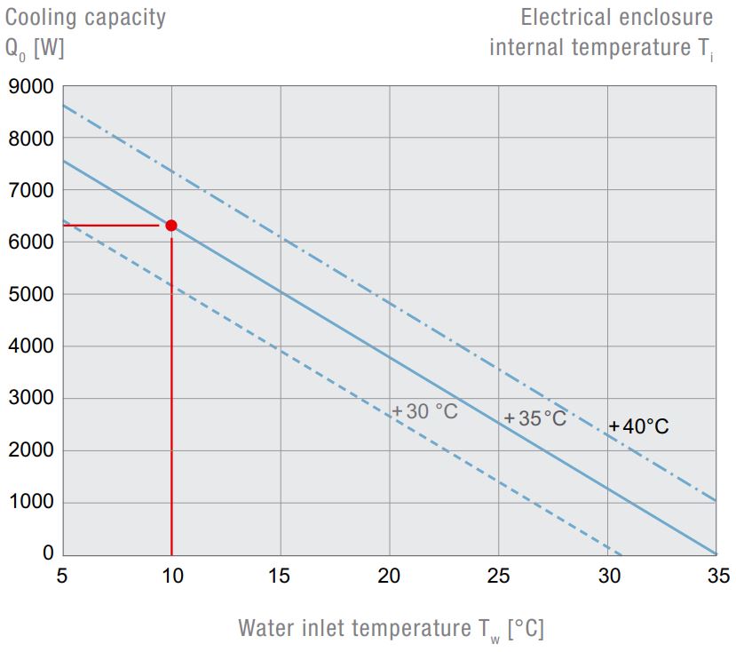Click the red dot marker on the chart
coord(171,226)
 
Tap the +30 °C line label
coord(425,411)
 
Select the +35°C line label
coord(534,417)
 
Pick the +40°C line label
coord(639,426)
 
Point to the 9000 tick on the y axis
coord(31,87)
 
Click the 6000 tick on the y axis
coord(31,243)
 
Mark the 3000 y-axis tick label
coord(31,399)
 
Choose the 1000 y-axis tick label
coord(31,503)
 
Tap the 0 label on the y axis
coord(48,553)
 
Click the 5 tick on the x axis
coord(62,576)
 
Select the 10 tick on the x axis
coord(171,576)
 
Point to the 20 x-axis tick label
coord(390,576)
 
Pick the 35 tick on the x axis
coord(716,576)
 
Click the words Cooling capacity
coord(85,17)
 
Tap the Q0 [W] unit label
coord(35,48)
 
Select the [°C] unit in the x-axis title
coord(526,629)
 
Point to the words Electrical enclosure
coord(616,17)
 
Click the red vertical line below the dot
coord(171,400)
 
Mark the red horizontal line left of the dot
coord(111,226)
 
